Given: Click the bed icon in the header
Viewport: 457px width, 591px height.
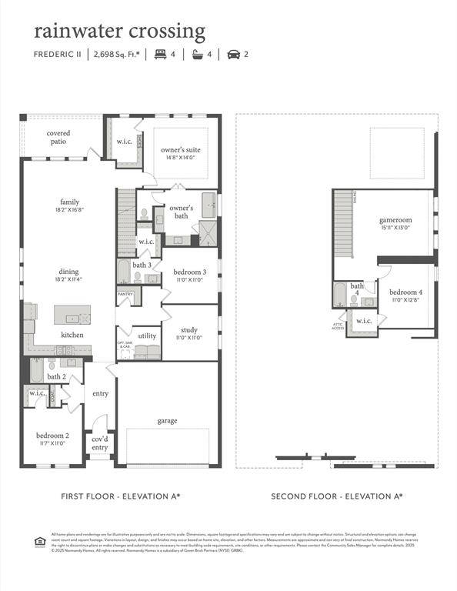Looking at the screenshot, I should point(160,55).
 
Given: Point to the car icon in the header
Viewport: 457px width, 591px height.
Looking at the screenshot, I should point(233,55).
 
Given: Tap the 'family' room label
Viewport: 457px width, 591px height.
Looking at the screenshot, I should point(70,202).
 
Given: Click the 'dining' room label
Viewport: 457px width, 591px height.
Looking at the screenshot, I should point(70,271).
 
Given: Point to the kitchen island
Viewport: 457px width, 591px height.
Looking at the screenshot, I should point(72,314).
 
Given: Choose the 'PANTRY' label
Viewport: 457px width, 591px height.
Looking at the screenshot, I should point(125,294).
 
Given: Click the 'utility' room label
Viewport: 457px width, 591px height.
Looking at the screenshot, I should point(147,336).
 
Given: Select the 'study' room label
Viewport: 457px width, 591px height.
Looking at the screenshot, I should point(189,330).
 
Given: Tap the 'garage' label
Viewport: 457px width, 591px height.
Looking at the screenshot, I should point(167,421).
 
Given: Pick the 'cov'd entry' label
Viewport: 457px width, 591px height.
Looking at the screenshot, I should point(100,443).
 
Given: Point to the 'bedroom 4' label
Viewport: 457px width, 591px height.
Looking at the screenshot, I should point(405,292).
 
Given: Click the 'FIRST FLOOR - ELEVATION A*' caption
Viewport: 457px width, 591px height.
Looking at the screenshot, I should point(121,496).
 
